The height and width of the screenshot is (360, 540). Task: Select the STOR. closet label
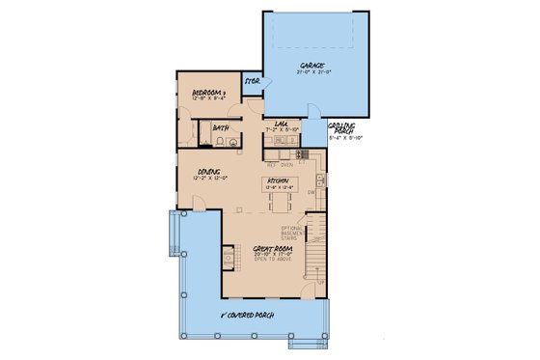coord(254,81)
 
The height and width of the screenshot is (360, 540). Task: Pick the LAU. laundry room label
coord(283,124)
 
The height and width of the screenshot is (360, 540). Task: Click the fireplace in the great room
coord(227,258)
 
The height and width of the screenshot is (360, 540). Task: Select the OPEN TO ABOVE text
coord(273,263)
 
